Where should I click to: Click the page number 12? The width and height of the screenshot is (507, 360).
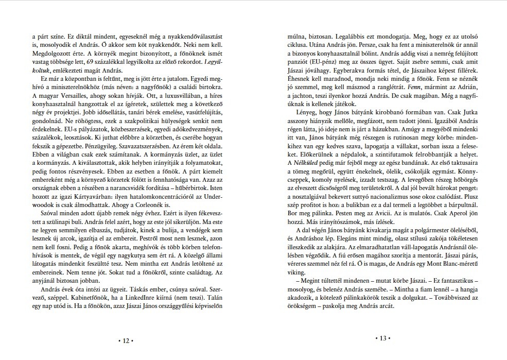click(x=125, y=340)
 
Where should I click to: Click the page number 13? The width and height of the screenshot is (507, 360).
click(x=382, y=338)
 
